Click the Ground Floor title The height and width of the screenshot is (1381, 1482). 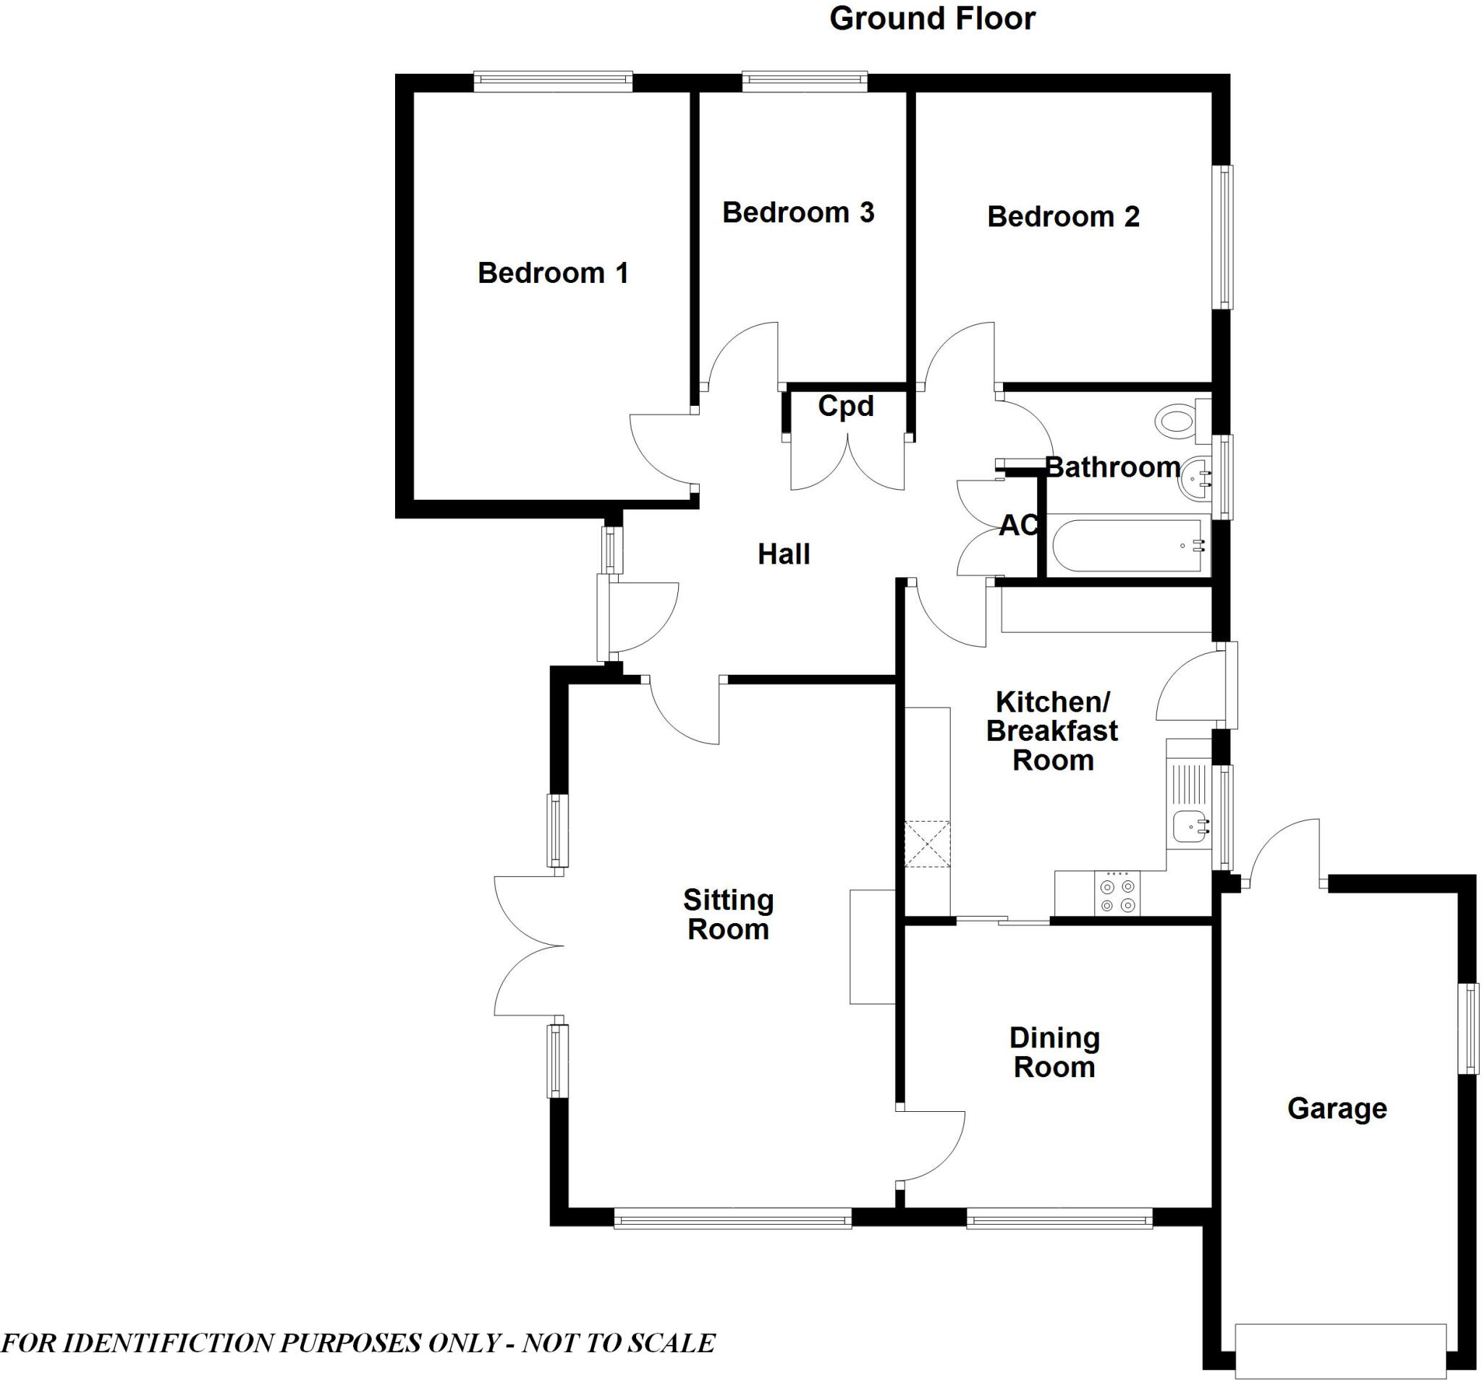[932, 19]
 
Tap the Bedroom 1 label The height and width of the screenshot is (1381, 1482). [552, 273]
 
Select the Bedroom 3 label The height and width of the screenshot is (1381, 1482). [797, 213]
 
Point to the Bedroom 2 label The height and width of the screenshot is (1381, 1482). [1063, 217]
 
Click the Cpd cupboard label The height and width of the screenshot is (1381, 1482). [845, 406]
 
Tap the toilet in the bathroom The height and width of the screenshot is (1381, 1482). [1178, 422]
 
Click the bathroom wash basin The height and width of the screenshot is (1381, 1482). [1195, 477]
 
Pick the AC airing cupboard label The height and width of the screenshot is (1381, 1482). [1017, 525]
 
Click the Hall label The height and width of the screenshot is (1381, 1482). [784, 553]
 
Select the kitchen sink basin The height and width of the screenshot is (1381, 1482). [1190, 827]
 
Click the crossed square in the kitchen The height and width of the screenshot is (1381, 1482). [928, 844]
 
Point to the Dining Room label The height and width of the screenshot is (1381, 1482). [1054, 1053]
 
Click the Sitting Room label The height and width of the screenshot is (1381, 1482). [728, 914]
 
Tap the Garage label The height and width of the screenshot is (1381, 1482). [1337, 1108]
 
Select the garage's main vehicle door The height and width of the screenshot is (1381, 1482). [1339, 1351]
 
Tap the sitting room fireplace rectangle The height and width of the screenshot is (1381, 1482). [872, 946]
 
